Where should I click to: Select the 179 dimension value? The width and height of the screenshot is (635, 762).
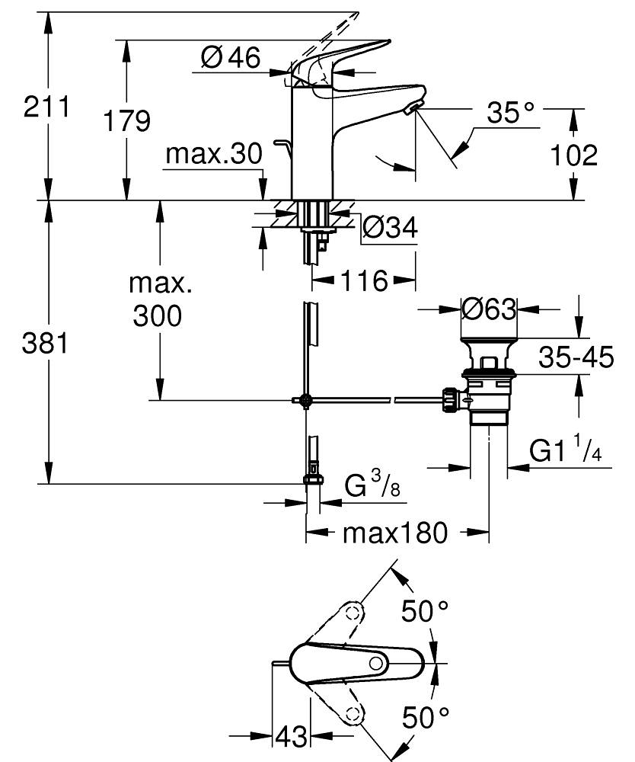(x=126, y=121)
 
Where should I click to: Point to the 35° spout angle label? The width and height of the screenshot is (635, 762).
(x=511, y=114)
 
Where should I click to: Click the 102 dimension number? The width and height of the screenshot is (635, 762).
(x=573, y=155)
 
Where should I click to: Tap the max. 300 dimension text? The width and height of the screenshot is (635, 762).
(x=158, y=300)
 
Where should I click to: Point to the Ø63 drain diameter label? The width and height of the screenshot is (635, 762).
(x=489, y=309)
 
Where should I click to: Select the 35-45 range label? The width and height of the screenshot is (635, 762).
(x=575, y=357)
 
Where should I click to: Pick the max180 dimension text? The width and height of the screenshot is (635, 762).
(x=395, y=533)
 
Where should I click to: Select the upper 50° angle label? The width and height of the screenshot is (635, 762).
(x=426, y=612)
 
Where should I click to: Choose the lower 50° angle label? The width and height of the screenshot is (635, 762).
(x=426, y=717)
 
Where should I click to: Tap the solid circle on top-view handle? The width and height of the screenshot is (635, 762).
(x=375, y=664)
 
